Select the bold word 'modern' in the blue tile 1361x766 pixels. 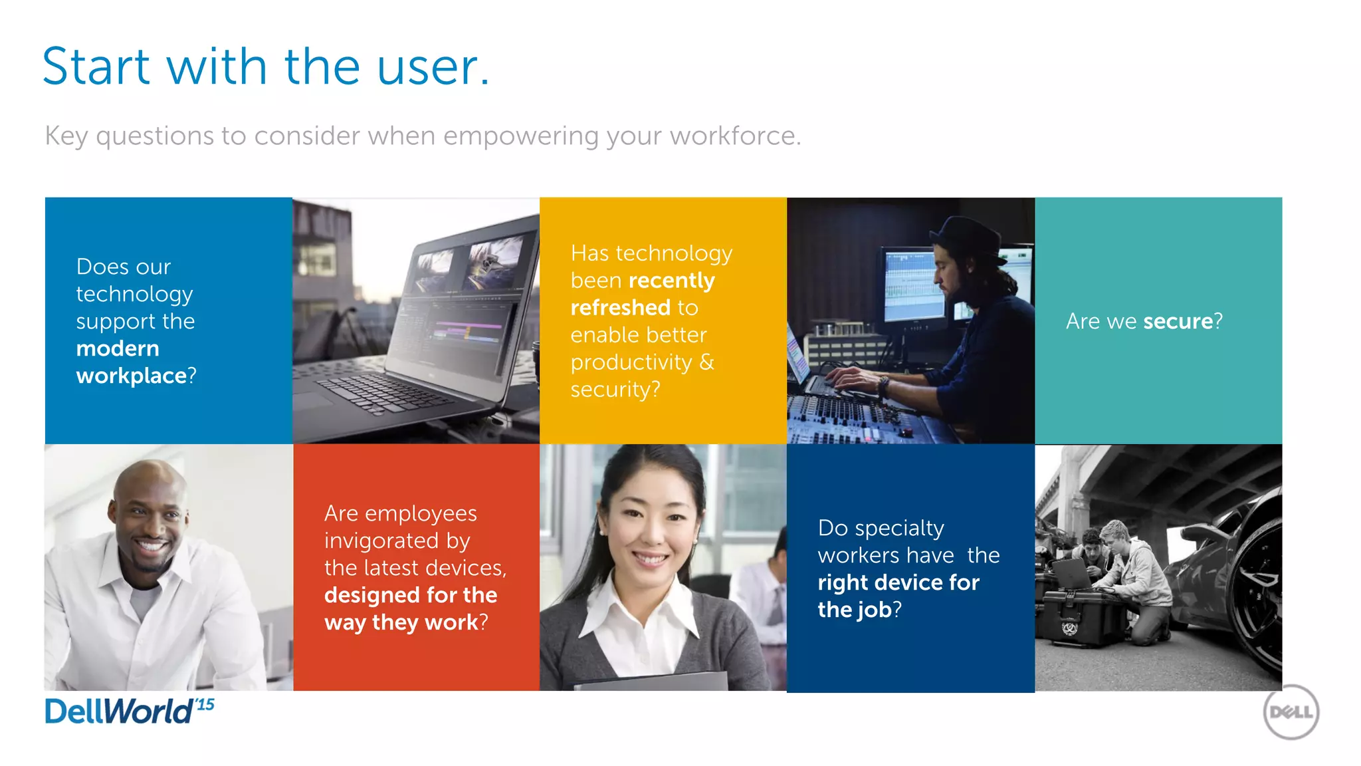(x=118, y=348)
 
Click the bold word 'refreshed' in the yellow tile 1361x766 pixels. (x=620, y=308)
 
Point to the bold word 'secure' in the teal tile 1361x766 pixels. (x=1178, y=321)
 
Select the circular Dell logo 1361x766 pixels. (x=1291, y=712)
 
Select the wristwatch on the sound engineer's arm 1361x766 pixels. (x=883, y=386)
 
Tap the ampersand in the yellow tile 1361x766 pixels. (x=706, y=362)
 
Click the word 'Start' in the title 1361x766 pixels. (x=96, y=68)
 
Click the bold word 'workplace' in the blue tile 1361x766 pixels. (x=132, y=376)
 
